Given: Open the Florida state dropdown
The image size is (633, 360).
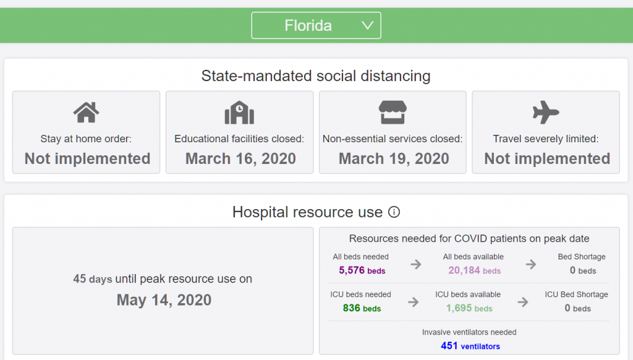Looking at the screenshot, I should point(316,25).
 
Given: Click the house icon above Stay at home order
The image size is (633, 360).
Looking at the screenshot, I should point(86,113).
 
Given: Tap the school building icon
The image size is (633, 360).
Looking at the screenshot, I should point(239,113).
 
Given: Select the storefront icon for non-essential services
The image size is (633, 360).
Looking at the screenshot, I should point(393,113).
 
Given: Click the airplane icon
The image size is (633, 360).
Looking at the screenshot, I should point(546,113).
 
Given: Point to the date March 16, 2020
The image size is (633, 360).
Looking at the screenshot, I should point(240,158).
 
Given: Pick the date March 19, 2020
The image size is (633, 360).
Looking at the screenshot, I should point(394,158).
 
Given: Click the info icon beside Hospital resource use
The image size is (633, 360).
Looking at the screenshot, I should point(394,212).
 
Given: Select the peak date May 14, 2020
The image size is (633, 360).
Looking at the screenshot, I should point(164,301).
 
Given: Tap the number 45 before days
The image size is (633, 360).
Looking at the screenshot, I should point(80,279).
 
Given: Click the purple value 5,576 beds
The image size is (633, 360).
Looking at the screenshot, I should point(362,270).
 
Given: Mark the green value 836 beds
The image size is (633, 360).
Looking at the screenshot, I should point(362,308).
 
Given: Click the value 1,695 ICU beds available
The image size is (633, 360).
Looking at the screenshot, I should point(469,308).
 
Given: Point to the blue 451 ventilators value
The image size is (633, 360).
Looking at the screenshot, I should point(470,346).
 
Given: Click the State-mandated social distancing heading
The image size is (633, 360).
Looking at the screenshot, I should point(316,76).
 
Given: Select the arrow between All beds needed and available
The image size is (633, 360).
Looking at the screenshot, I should point(416,264).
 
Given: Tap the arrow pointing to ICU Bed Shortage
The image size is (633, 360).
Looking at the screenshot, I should point(523,302).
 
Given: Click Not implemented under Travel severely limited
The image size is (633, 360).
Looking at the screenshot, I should point(547,158).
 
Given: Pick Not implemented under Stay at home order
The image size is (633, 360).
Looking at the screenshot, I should point(87,158).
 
